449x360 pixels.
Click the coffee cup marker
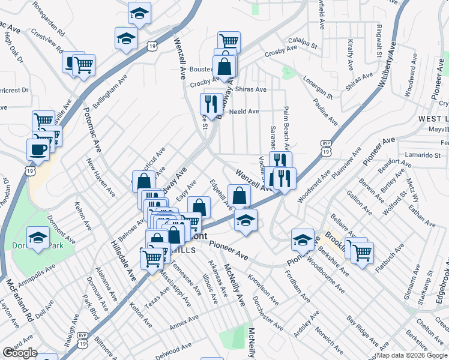pyautogui.click(x=38, y=150)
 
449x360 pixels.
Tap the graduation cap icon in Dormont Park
pyautogui.click(x=38, y=238)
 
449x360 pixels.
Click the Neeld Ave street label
pyautogui.click(x=244, y=112)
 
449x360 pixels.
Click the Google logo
pyautogui.click(x=20, y=353)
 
